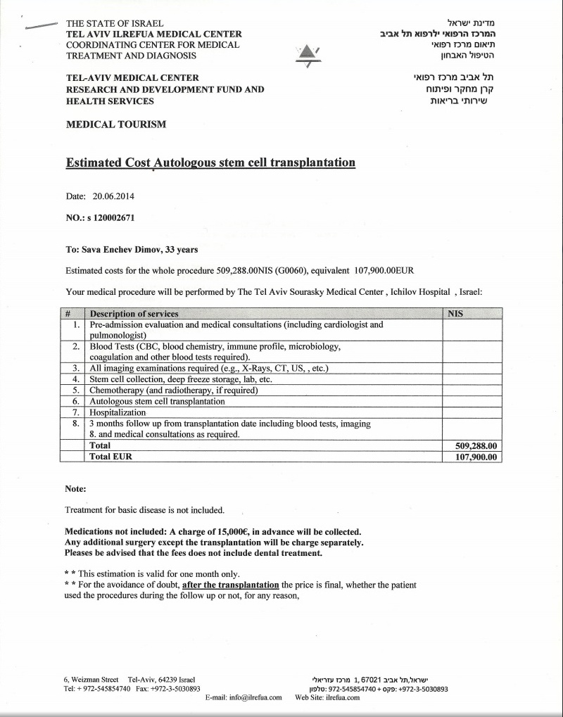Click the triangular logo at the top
(x=307, y=55)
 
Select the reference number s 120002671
(x=110, y=218)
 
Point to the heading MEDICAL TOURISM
(x=116, y=125)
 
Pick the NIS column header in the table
(x=455, y=314)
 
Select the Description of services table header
(x=134, y=314)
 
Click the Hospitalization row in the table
(x=118, y=412)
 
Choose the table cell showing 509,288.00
(x=472, y=445)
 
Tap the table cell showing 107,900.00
(x=472, y=456)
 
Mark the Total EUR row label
(x=110, y=456)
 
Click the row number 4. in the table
(x=76, y=379)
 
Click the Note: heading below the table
(x=75, y=489)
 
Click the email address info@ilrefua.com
(x=255, y=697)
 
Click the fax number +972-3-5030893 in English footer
(x=178, y=689)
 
